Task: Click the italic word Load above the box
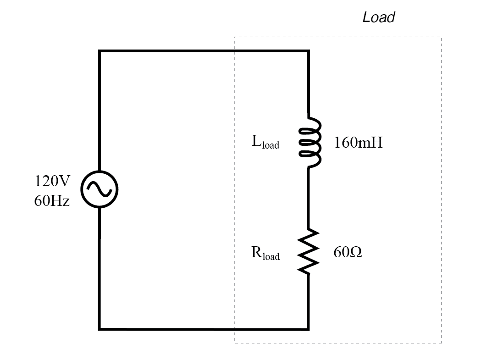378,18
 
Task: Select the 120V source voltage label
52,181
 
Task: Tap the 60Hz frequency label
52,201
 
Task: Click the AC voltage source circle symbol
99,189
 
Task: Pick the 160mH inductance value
358,143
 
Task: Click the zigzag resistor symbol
308,252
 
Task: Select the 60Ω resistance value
348,252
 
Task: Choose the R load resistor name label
265,254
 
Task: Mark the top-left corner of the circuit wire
99,51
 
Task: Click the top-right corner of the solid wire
308,51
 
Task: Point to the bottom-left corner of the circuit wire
99,329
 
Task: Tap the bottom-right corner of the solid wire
308,329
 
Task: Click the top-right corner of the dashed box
441,38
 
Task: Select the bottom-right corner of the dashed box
441,343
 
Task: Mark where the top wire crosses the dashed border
235,51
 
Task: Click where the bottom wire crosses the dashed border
235,329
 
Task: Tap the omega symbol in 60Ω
356,252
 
